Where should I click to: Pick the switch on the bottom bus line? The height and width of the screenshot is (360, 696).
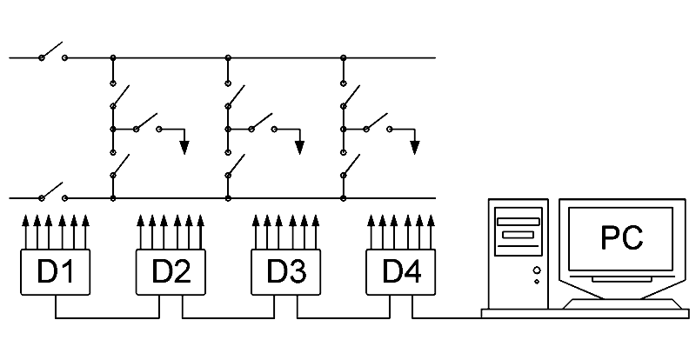click(x=53, y=192)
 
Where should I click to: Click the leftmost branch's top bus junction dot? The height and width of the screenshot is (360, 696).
click(x=113, y=58)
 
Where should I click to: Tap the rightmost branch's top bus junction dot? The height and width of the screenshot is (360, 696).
click(x=343, y=58)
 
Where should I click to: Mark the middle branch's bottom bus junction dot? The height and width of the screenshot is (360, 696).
click(x=228, y=198)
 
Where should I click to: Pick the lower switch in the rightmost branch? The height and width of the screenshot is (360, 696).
click(x=350, y=166)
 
